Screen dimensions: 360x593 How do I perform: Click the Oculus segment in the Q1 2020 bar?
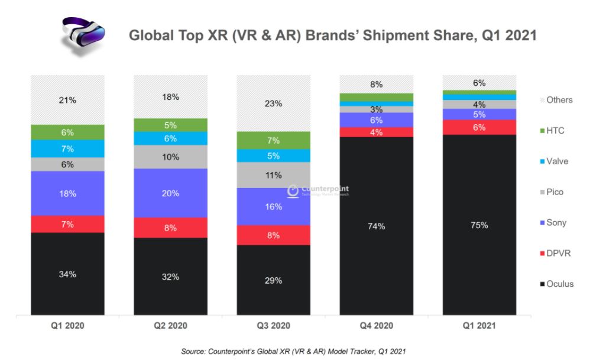coord(67,274)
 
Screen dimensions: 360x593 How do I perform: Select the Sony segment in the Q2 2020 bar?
coord(170,193)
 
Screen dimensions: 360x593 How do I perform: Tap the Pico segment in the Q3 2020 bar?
coord(273,175)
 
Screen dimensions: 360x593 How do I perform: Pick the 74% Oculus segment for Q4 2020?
coord(376,226)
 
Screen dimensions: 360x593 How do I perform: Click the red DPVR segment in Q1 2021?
coord(479,128)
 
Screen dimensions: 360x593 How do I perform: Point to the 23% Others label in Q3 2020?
coord(273,103)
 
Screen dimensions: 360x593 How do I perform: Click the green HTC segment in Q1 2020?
coord(67,132)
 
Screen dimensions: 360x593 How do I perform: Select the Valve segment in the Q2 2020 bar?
coord(170,138)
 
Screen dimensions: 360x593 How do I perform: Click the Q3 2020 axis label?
coord(273,326)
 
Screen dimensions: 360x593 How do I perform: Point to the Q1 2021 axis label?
coord(479,326)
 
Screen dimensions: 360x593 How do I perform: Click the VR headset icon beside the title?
coord(83,37)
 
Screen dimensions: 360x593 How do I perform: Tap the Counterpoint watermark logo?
coord(292,191)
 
